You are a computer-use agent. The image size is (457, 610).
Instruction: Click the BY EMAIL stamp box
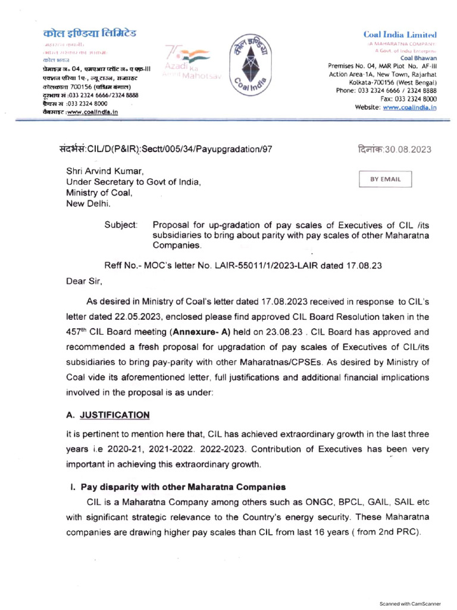click(x=386, y=179)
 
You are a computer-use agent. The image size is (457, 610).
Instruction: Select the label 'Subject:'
click(x=121, y=225)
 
